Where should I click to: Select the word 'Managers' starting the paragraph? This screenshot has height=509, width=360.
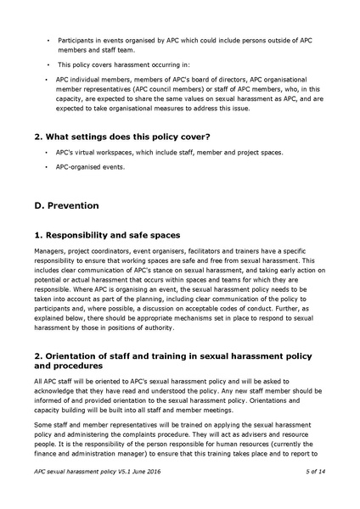50,252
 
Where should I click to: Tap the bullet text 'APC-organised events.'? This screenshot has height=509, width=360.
90,167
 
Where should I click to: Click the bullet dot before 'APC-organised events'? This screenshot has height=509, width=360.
47,167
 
